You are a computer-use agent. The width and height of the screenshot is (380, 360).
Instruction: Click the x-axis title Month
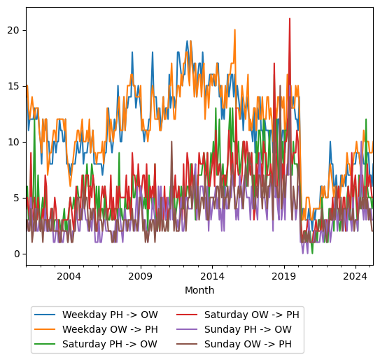(x=199, y=290)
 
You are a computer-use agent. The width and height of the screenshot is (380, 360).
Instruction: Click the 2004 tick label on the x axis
(x=69, y=276)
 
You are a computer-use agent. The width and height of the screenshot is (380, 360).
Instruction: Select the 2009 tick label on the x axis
(x=141, y=276)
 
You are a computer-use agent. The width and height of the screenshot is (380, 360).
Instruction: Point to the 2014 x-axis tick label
(x=212, y=276)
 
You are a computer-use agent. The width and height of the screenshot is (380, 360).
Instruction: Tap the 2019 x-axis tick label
(x=284, y=276)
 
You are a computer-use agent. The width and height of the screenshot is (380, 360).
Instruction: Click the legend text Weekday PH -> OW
(x=110, y=315)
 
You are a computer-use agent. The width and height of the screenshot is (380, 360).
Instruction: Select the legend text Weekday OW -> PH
(x=110, y=329)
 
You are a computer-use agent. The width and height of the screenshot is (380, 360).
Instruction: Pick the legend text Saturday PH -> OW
(x=110, y=344)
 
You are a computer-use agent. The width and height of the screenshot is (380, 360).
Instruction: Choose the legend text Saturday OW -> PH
(x=251, y=315)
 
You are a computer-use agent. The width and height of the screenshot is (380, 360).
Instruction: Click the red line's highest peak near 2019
(x=290, y=19)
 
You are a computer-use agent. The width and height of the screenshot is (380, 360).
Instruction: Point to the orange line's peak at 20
(x=234, y=30)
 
